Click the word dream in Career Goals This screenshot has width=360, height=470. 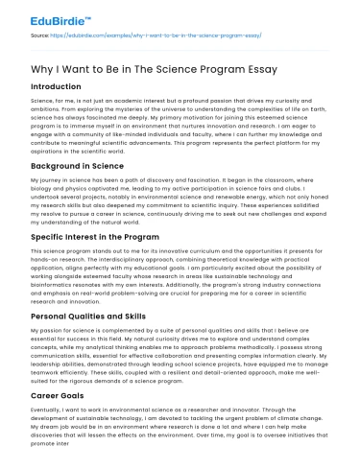click(x=43, y=425)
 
